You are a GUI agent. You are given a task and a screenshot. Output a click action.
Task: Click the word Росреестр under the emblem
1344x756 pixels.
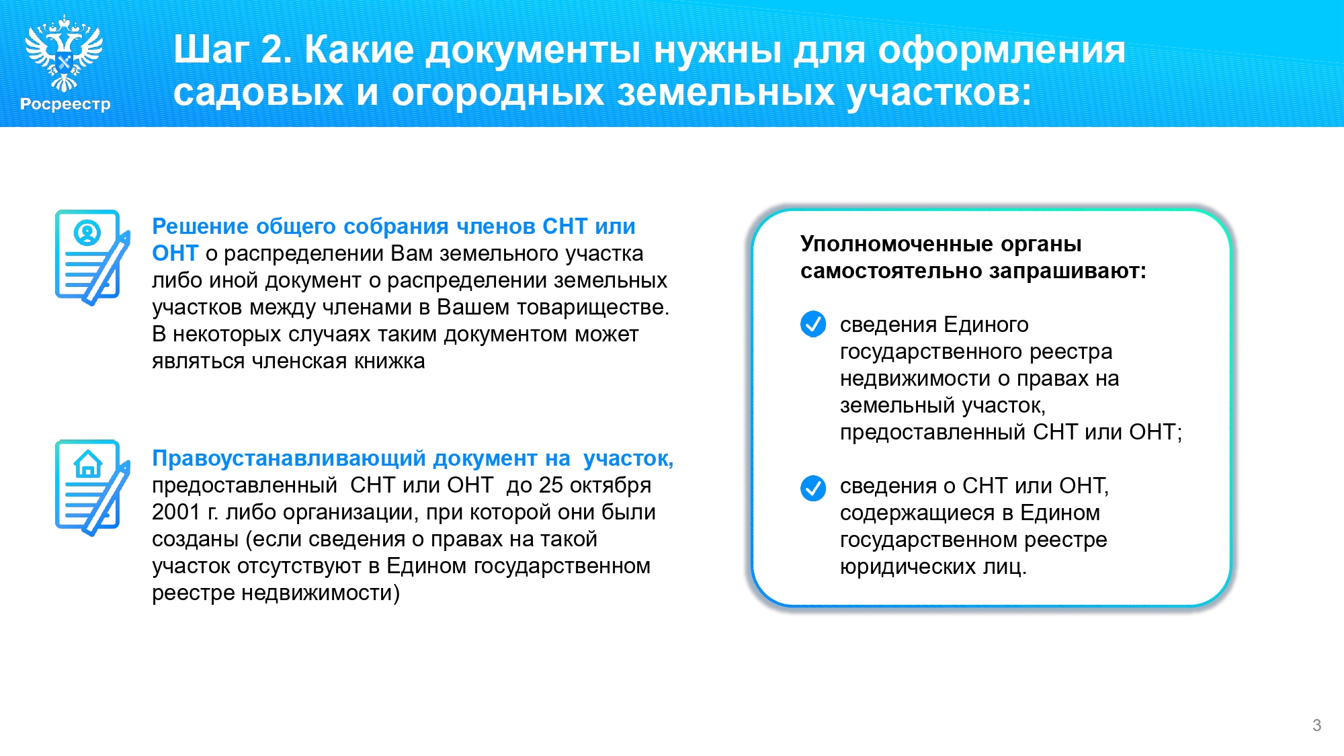(x=65, y=104)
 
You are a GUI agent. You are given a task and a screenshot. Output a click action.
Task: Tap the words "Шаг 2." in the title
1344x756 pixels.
(x=233, y=50)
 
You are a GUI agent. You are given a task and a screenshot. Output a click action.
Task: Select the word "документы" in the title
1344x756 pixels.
(x=534, y=51)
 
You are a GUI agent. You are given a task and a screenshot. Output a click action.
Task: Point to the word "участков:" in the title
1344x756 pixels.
(x=939, y=93)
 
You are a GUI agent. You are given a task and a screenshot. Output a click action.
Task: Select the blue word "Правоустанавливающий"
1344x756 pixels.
(x=289, y=458)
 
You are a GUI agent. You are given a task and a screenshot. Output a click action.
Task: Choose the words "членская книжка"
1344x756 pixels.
(x=338, y=362)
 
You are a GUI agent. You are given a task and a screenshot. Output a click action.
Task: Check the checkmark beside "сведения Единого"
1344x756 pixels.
(x=813, y=324)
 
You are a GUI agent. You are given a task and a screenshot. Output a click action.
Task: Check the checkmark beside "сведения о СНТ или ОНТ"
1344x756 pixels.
(x=813, y=489)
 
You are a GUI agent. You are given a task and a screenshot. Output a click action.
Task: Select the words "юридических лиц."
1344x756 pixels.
(x=933, y=567)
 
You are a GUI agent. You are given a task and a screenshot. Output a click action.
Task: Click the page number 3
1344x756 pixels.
(x=1316, y=725)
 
